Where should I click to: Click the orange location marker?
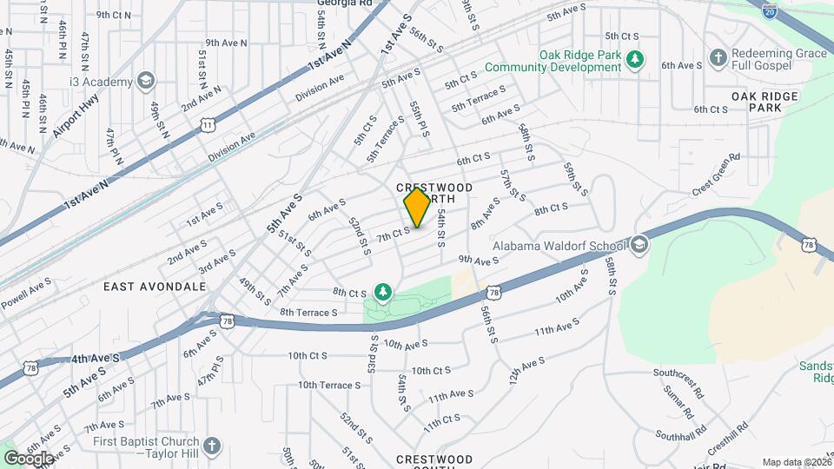417,208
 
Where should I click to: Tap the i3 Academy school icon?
146,82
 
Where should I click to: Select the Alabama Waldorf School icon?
640,244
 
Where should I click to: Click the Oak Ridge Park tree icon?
637,59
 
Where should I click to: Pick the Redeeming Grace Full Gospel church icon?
718,58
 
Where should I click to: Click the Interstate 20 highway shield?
769,10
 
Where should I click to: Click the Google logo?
29,458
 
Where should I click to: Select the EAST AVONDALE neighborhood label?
155,286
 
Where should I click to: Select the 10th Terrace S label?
329,385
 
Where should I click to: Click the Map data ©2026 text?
797,462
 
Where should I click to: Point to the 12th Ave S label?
526,371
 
